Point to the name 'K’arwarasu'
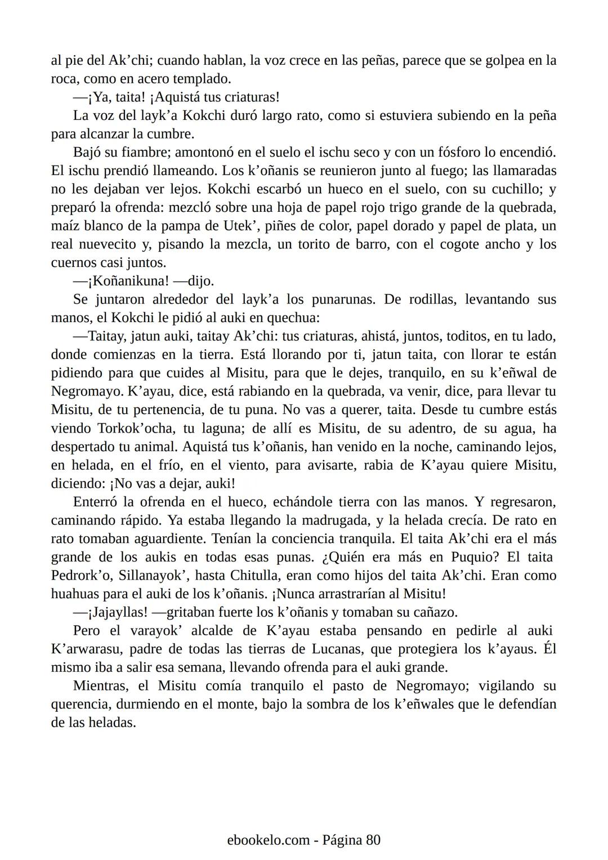pos(85,649)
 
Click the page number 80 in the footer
pos(373,840)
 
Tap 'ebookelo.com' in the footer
pos(269,840)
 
